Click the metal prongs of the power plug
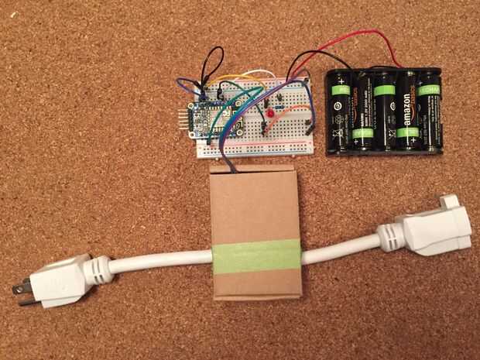click(20, 288)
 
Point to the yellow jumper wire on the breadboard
click(232, 81)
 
